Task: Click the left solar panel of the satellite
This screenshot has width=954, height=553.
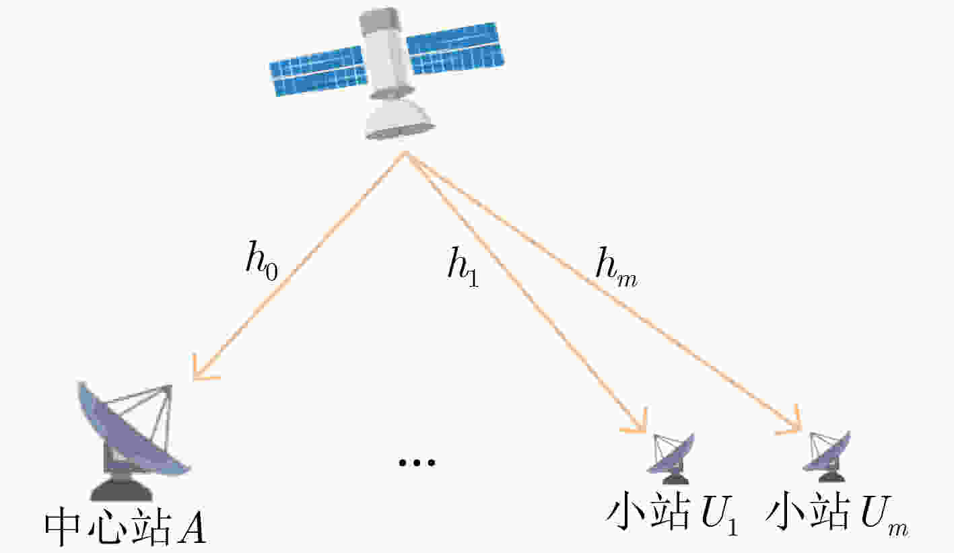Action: pos(318,71)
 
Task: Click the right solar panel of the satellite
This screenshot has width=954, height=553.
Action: pos(455,48)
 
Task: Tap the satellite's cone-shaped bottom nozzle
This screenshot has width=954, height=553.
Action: pos(399,119)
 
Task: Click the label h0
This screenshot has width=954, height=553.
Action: pos(261,260)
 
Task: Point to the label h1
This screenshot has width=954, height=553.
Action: pos(463,267)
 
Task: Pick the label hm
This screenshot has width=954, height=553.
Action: pos(616,268)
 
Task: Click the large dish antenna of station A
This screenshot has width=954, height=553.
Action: pos(133,430)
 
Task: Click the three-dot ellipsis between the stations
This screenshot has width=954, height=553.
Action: pos(417,462)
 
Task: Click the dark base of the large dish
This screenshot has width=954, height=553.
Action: pos(122,490)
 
